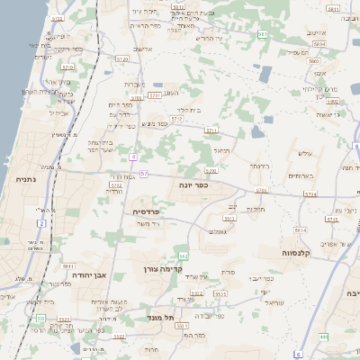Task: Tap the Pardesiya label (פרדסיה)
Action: (x=147, y=212)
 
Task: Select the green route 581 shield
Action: (x=262, y=35)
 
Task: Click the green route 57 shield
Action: (x=143, y=173)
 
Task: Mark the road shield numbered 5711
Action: (x=211, y=130)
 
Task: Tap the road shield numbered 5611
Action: (x=67, y=266)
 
